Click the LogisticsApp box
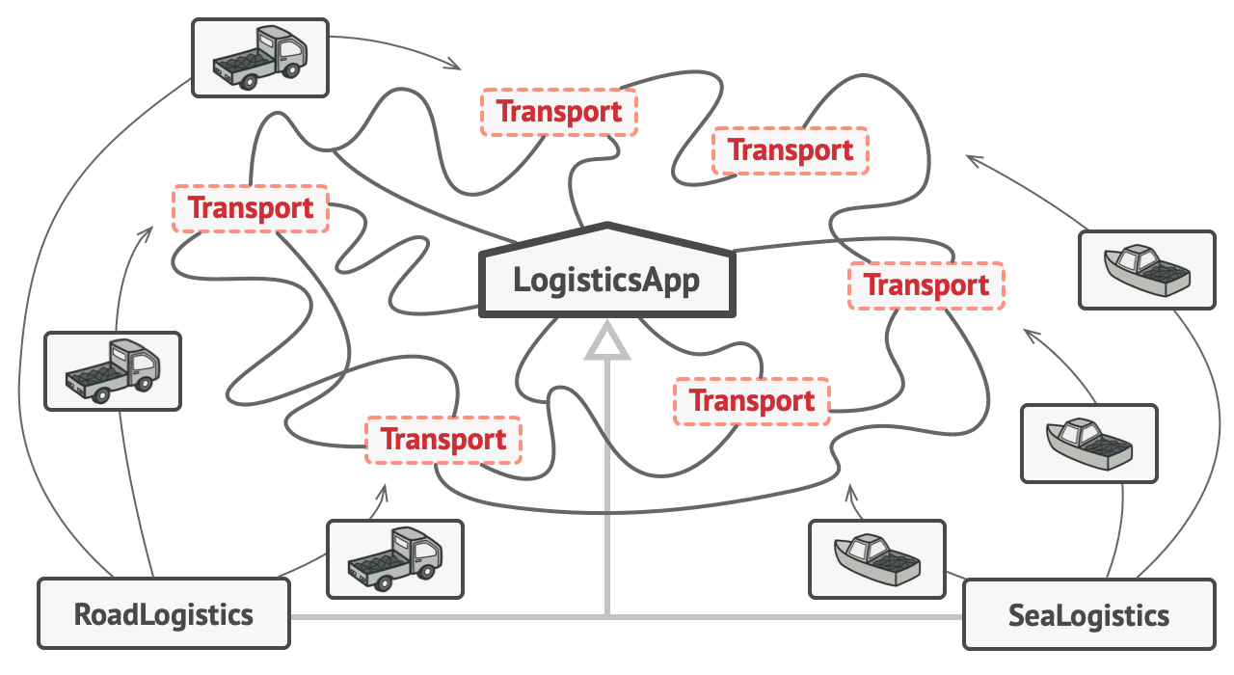click(x=606, y=282)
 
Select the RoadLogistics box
click(x=164, y=614)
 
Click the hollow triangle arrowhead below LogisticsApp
click(x=607, y=342)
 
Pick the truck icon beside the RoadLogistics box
click(x=394, y=559)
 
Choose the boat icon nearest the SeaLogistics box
click(x=876, y=559)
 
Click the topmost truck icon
click(x=260, y=58)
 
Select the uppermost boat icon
click(x=1146, y=270)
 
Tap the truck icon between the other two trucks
click(x=113, y=371)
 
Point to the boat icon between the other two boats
click(x=1088, y=444)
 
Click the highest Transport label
click(x=559, y=112)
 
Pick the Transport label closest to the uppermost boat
click(x=926, y=285)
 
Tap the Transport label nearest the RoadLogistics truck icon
click(x=443, y=440)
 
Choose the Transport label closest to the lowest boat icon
click(x=752, y=401)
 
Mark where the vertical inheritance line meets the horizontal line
click(x=607, y=615)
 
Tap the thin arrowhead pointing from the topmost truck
click(x=457, y=67)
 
